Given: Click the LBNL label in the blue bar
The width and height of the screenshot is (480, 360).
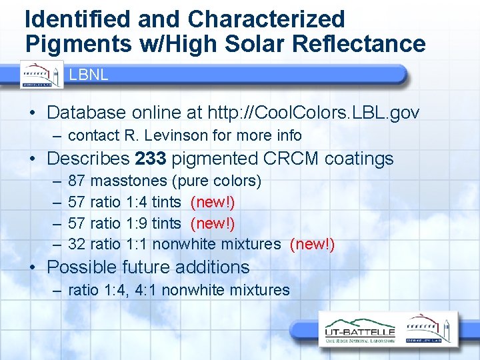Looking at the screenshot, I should [89, 75].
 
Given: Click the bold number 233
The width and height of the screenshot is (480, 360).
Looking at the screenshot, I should [150, 159].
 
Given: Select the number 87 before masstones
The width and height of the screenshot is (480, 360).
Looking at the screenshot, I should [77, 181].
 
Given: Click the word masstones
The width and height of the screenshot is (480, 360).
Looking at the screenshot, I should [128, 181].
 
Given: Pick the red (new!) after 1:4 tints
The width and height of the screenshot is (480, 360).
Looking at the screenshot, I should [213, 202].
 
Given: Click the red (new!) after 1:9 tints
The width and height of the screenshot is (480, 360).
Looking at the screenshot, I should [213, 223].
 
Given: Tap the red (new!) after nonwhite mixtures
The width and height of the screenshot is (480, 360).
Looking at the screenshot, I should [312, 245].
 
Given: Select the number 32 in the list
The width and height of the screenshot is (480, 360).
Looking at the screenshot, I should [77, 245].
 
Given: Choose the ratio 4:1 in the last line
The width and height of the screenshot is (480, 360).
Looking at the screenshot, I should [146, 290].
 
